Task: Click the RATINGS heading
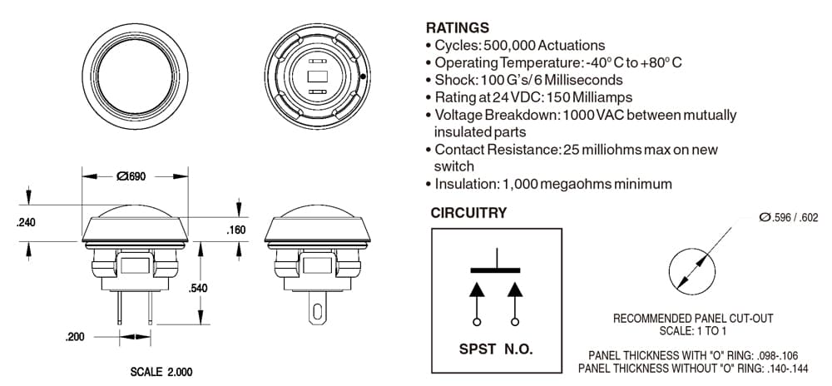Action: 458,27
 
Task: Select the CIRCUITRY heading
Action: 468,213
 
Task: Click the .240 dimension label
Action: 26,223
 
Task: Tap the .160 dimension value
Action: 236,230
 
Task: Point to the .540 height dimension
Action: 198,289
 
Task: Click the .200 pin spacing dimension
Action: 75,337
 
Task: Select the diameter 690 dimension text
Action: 131,176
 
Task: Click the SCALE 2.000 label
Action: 161,372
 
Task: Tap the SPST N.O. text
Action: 496,349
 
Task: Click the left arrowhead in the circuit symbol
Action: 477,289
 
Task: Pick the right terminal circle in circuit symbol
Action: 515,321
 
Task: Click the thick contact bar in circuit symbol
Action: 496,270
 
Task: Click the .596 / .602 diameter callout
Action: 789,217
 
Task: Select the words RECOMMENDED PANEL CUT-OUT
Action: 693,319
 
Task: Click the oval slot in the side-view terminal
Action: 317,311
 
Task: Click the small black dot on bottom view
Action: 363,77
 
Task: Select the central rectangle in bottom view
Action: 317,77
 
